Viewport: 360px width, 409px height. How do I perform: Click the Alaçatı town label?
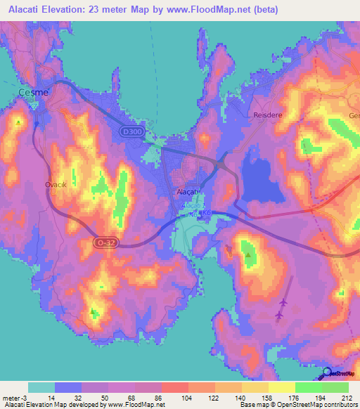(x=188, y=191)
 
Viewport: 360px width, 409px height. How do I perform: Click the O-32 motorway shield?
(x=103, y=242)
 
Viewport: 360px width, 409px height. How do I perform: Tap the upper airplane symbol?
(x=283, y=303)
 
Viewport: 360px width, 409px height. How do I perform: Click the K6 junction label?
(x=206, y=211)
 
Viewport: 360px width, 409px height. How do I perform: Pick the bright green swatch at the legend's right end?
(x=335, y=387)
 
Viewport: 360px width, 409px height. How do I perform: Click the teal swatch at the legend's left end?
(x=41, y=387)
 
